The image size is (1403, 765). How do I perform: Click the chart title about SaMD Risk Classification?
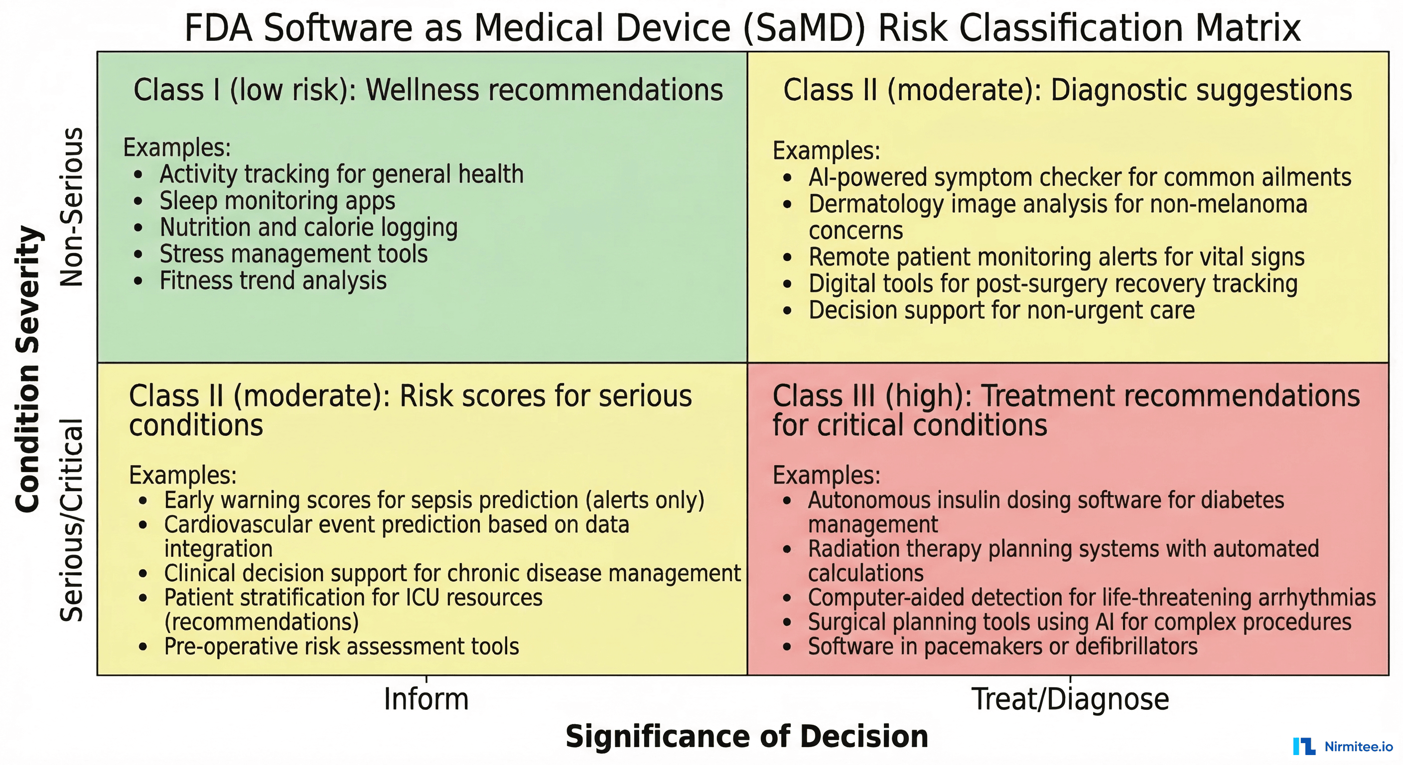pos(742,28)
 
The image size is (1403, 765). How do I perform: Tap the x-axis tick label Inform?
pos(426,699)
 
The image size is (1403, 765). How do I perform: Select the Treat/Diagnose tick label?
pos(1070,699)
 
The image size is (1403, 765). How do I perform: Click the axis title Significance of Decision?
pos(747,736)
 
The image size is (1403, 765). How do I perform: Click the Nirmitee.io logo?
pos(1343,746)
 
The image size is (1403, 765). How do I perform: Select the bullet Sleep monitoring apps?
pos(277,201)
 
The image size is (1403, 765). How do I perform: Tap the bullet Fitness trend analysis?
pos(273,281)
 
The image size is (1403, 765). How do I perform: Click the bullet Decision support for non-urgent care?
pos(1001,310)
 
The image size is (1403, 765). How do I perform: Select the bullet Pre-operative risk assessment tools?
pos(341,647)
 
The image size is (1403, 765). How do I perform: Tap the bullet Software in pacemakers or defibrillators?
pos(1003,647)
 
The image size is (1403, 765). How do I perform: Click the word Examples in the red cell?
pos(826,475)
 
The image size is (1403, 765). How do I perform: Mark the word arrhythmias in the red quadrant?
pos(1316,598)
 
